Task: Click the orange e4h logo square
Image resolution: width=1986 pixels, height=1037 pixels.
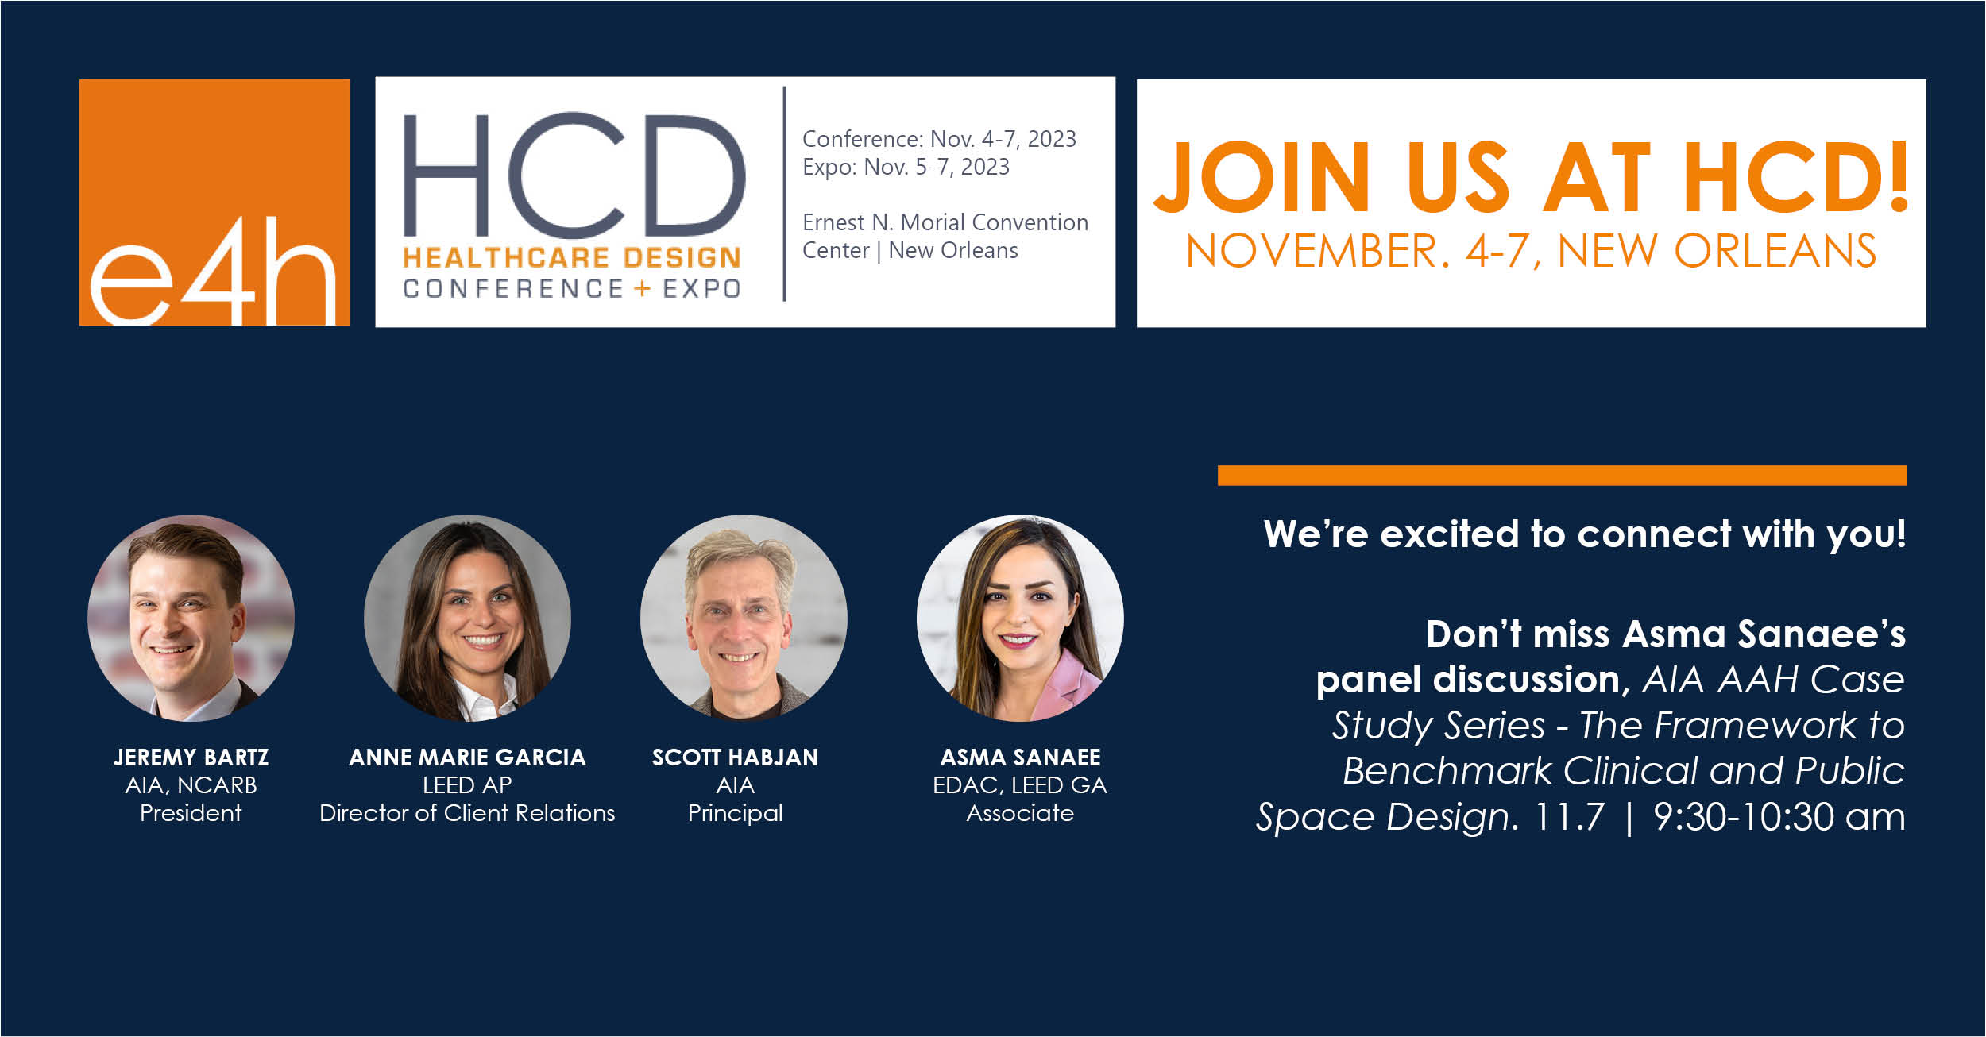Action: [214, 202]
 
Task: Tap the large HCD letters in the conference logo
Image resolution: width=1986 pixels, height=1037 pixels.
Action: [574, 175]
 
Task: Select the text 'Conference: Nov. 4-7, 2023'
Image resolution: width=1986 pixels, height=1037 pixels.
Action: [939, 139]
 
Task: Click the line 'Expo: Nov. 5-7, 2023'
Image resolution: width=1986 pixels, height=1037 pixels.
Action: [906, 167]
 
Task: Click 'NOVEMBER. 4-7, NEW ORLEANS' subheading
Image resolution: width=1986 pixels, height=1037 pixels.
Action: [1531, 251]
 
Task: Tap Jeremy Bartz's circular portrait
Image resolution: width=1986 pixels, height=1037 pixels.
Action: [191, 618]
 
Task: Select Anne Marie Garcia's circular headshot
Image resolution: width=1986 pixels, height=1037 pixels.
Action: [467, 618]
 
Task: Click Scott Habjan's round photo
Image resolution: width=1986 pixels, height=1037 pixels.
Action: [744, 618]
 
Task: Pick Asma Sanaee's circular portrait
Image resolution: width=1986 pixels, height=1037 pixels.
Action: [1020, 618]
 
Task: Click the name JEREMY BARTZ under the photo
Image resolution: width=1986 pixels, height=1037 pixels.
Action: [191, 758]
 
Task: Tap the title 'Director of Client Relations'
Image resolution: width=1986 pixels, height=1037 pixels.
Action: [467, 813]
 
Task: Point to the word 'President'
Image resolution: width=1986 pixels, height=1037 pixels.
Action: [191, 813]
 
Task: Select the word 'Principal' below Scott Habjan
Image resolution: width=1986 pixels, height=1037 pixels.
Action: [736, 814]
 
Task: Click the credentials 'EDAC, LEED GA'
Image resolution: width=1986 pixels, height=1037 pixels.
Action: [1020, 785]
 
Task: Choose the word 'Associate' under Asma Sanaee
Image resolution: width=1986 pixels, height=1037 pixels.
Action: [1020, 813]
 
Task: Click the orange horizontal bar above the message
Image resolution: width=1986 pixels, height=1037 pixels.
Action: [1562, 476]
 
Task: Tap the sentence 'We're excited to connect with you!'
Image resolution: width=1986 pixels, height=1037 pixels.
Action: [1585, 534]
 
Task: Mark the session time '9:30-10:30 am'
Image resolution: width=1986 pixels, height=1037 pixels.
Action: [1779, 817]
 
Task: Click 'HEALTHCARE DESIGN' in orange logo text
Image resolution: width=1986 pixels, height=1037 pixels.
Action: [572, 257]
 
